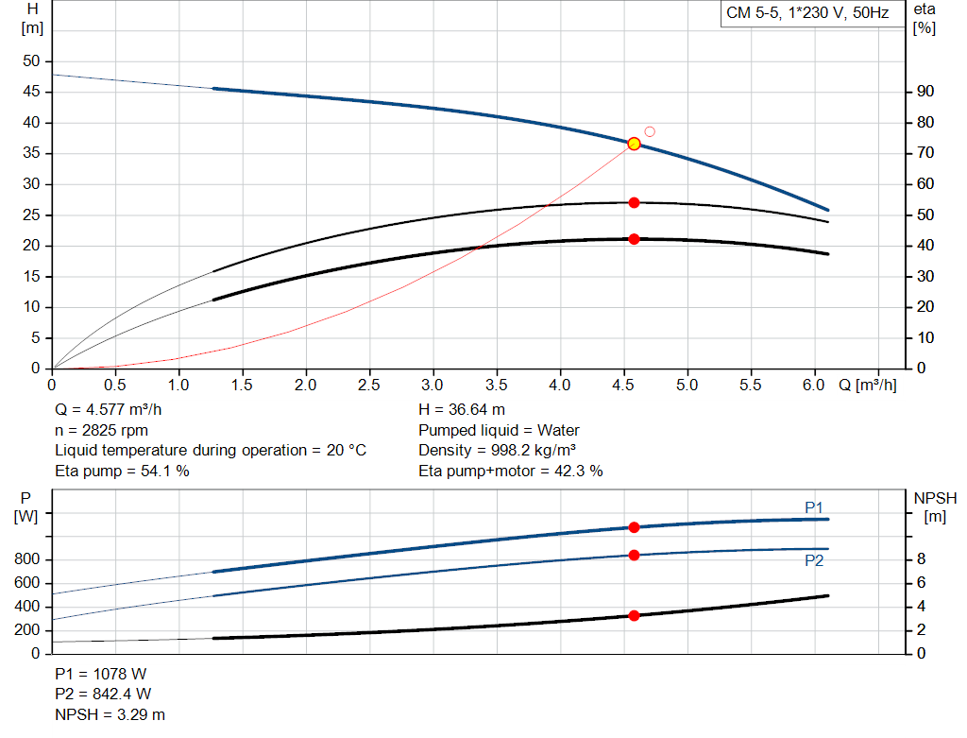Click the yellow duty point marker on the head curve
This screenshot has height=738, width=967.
pos(634,144)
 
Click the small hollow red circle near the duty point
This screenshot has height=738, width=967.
pos(650,131)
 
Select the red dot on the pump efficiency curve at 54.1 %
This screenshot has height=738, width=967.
pos(634,202)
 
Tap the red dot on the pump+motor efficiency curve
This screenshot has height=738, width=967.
pos(634,239)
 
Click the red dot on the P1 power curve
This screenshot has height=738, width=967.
pos(634,527)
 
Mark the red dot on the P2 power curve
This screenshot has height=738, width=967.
pos(634,555)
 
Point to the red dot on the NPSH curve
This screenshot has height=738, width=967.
pos(634,615)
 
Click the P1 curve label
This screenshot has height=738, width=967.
pos(814,507)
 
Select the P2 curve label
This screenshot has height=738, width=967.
pos(814,560)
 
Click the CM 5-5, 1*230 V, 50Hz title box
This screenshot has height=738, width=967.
pos(806,13)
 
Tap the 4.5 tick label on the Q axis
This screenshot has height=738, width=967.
pos(623,386)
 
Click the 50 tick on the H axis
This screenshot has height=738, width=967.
pos(32,61)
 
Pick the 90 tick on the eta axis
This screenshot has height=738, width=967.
pos(925,92)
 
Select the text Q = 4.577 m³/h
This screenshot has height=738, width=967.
pos(114,410)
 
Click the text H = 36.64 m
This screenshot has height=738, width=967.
pos(462,410)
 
